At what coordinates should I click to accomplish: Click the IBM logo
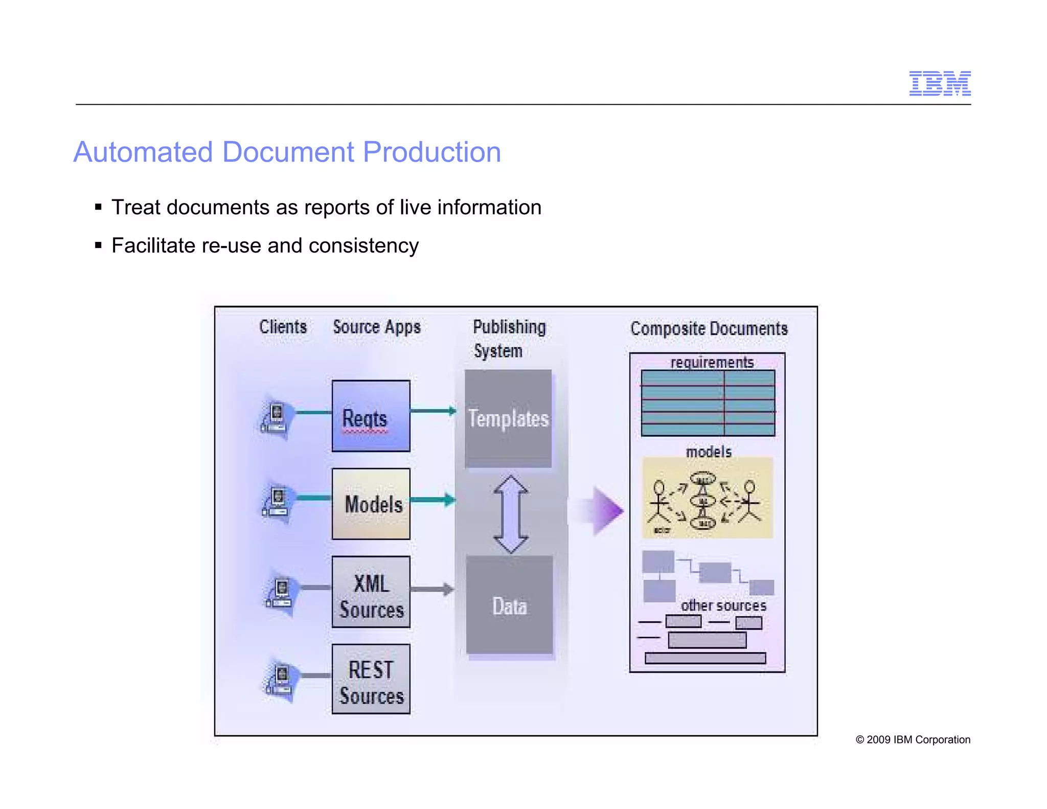tap(939, 83)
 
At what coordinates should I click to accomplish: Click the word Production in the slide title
tap(431, 152)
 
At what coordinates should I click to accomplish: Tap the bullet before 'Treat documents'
tap(99, 207)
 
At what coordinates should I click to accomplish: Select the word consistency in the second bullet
tap(363, 245)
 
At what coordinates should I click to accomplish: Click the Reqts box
tap(371, 416)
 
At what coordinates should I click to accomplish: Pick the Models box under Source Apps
tap(371, 504)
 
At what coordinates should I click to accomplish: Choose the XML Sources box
tap(371, 592)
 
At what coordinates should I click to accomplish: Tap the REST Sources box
tap(371, 679)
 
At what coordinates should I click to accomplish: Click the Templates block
tap(508, 418)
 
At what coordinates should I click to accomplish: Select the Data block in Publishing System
tap(510, 605)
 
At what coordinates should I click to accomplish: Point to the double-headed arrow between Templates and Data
tap(511, 513)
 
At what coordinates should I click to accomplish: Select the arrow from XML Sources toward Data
tap(432, 590)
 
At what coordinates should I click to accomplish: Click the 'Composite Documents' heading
tap(709, 328)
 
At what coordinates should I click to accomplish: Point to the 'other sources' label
tap(723, 605)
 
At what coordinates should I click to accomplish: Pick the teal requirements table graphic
tap(708, 403)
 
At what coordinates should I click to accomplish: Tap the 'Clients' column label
tap(283, 327)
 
